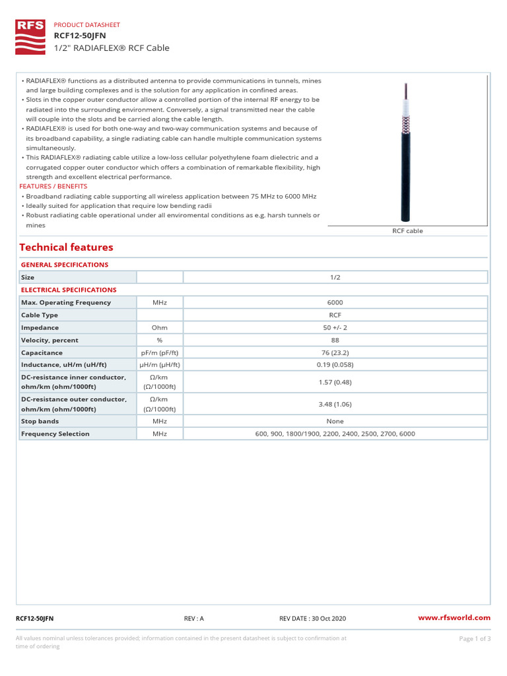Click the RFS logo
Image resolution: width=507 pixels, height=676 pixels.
(30, 36)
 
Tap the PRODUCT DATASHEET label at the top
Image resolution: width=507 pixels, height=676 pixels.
(86, 24)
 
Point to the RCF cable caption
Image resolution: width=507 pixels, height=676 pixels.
(407, 231)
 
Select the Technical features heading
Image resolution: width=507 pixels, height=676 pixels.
(66, 248)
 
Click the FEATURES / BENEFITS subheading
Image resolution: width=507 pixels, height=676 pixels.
(53, 187)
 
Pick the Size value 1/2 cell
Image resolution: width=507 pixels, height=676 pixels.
(335, 277)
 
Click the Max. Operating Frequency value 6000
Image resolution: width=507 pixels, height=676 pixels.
(335, 302)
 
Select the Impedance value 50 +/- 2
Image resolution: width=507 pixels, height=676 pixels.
(335, 327)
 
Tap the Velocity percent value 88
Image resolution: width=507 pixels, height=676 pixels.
(335, 340)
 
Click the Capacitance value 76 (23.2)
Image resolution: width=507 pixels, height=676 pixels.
(335, 353)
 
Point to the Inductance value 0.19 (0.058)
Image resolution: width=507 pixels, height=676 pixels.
(335, 365)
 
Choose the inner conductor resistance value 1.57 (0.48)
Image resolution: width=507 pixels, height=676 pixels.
(335, 382)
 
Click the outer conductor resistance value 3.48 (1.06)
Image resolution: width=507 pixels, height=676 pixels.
(335, 404)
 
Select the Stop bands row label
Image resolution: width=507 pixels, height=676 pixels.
(40, 421)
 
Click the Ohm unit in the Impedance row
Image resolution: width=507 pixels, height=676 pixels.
(159, 327)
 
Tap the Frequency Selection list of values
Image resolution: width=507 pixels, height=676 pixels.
(335, 434)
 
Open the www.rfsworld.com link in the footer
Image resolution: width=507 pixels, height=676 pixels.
(455, 618)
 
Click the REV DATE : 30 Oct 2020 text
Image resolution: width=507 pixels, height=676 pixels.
(312, 619)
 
